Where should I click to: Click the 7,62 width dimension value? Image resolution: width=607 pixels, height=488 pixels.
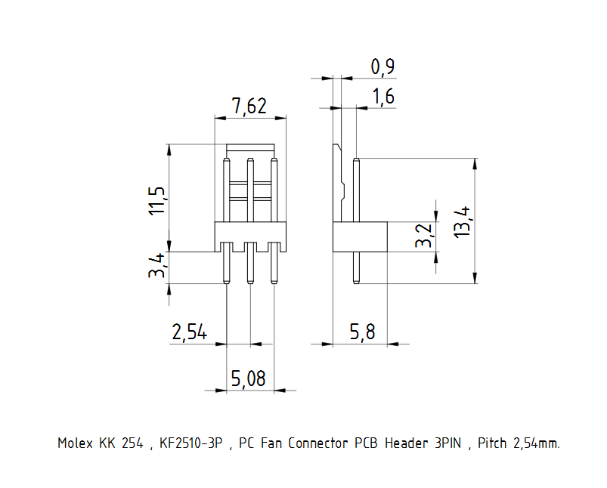coord(249,107)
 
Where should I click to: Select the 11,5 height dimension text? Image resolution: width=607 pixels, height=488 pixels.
coord(156,198)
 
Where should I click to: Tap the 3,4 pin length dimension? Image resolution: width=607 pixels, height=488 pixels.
coord(156,267)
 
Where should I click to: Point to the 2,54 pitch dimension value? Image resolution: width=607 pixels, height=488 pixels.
coord(189,333)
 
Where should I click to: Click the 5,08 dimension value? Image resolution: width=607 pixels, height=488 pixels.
coord(249,379)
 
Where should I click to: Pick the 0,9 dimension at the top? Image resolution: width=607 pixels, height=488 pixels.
coord(382,67)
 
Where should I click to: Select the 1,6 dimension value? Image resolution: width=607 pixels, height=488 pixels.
coord(382,97)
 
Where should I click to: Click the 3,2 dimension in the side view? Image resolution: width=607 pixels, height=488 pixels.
coord(425,236)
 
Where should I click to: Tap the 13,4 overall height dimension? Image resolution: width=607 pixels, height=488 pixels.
coord(463,222)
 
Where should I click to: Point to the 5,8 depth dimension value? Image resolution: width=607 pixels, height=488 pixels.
coord(362,333)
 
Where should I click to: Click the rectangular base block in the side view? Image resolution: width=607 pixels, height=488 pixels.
coord(360,236)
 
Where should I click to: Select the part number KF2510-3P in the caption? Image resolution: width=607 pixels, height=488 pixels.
coord(191,443)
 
